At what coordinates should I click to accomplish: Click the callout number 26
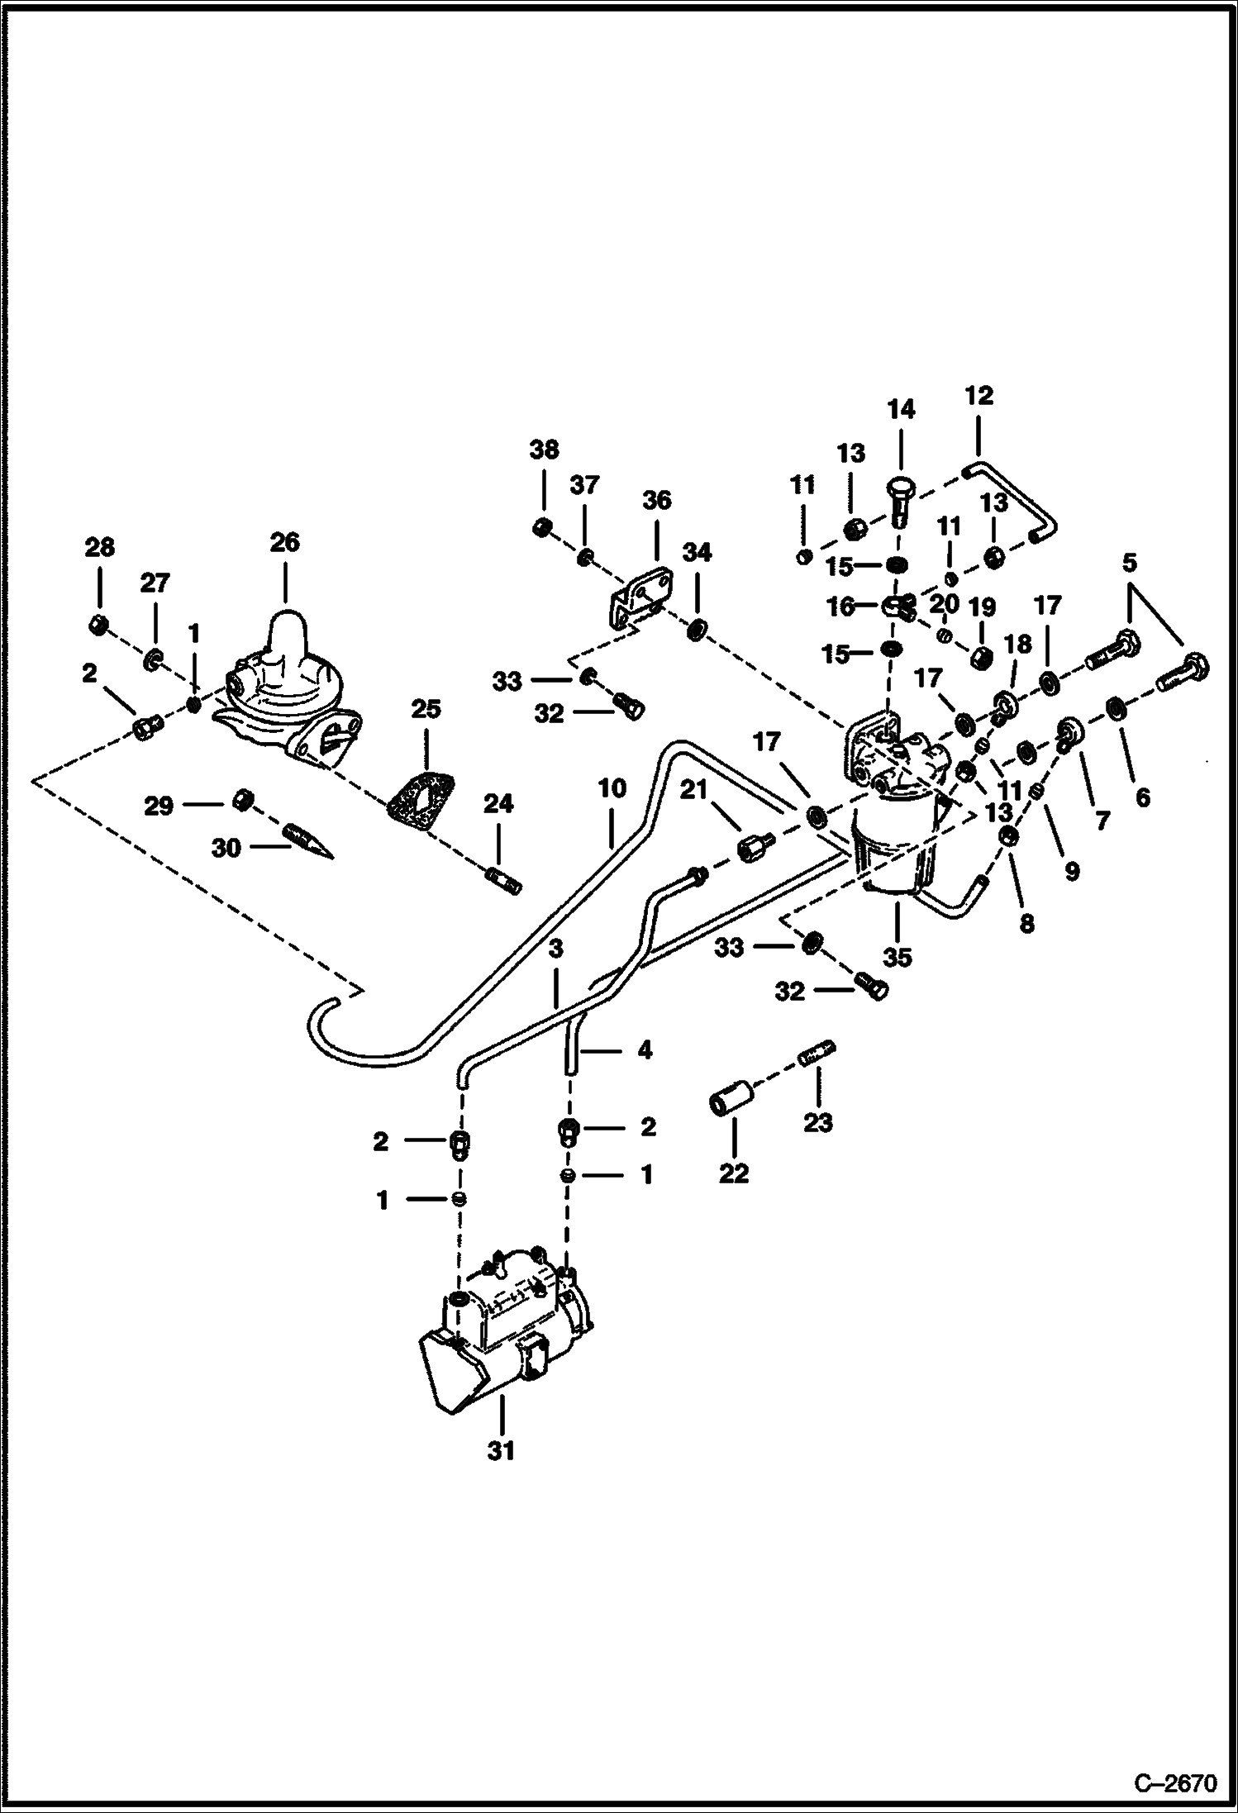284,542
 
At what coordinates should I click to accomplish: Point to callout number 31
501,1450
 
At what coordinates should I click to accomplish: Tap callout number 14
901,409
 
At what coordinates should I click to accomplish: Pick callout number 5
1129,563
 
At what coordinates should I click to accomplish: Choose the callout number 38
544,450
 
